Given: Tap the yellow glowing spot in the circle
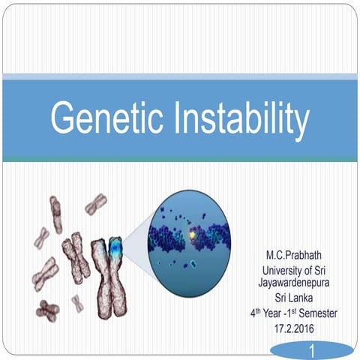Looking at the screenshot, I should pos(193,235).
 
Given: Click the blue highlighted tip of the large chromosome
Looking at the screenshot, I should pos(114,247).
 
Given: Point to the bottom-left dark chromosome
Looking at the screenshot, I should pos(49,307).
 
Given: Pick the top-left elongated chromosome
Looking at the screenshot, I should pos(56,214).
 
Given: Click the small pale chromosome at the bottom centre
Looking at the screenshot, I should pos(78,303).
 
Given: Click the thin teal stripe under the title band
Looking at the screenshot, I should pos(180,158).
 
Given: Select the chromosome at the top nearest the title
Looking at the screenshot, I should pos(95,203).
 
